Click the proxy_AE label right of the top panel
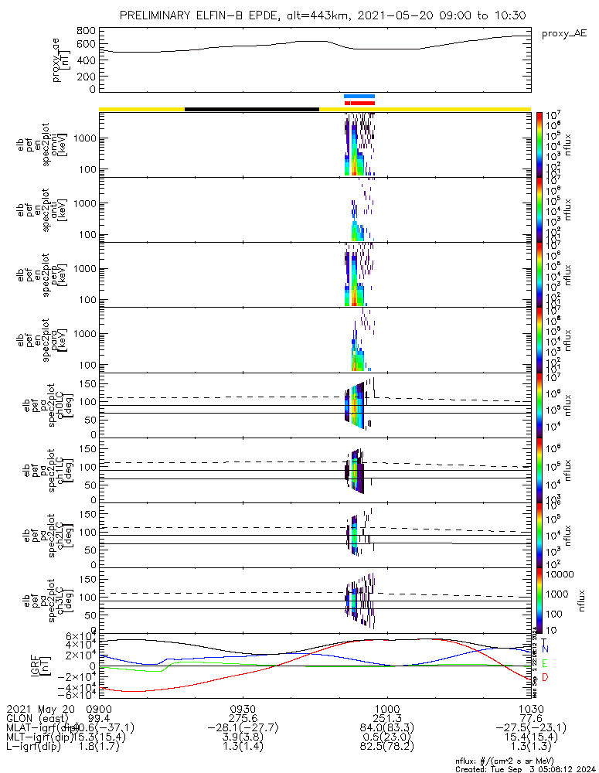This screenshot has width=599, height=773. coord(564,35)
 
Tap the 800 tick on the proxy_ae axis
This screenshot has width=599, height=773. coord(86,30)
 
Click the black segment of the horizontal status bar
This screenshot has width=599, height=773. coord(252,109)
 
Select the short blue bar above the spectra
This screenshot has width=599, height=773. coord(359,97)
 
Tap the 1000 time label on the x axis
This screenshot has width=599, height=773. coord(386,708)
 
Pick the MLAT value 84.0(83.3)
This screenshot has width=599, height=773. coord(386,727)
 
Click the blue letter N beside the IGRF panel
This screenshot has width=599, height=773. coord(545,650)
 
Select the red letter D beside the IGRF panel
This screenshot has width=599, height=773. coord(545,677)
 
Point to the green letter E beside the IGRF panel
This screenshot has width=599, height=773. coord(545,663)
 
